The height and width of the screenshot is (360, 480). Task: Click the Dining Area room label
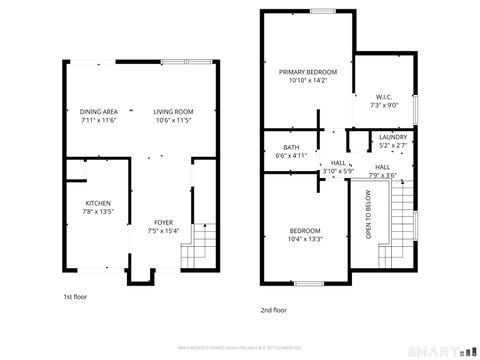(x=98, y=111)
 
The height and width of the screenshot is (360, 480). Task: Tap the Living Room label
(x=173, y=111)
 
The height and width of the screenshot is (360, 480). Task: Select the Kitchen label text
(x=98, y=203)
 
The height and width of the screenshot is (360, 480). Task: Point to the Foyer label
(x=163, y=222)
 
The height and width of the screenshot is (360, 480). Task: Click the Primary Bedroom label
(x=308, y=72)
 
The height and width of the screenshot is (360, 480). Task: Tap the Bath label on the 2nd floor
(x=291, y=147)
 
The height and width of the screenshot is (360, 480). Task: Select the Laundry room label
(x=392, y=137)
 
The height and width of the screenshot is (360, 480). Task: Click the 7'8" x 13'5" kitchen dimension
(x=98, y=212)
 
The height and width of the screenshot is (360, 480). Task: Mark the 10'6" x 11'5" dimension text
(x=173, y=120)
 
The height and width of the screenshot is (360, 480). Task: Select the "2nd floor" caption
(x=273, y=310)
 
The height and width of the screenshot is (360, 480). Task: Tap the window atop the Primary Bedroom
(x=322, y=11)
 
